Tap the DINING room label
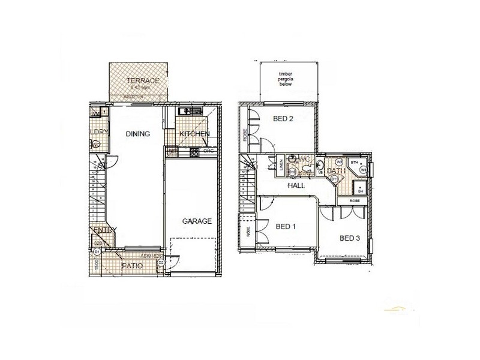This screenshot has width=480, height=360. pos(137,134)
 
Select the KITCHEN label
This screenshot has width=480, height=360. pos(194,134)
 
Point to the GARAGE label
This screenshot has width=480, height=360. pos(197,221)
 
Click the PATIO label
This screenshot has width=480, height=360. pos(131,265)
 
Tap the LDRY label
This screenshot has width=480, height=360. pos(98,131)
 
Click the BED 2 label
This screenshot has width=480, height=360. pos(283,119)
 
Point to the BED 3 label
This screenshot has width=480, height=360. pos(350,238)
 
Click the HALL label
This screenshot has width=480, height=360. pos(296,186)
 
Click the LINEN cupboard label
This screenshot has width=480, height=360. pos(282,164)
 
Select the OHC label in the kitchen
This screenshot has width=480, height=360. pos(208,151)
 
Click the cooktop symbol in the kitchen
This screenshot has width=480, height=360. pos(194,152)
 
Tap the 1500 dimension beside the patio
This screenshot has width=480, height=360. pos(95,263)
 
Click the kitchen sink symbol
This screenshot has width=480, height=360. pos(191,111)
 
